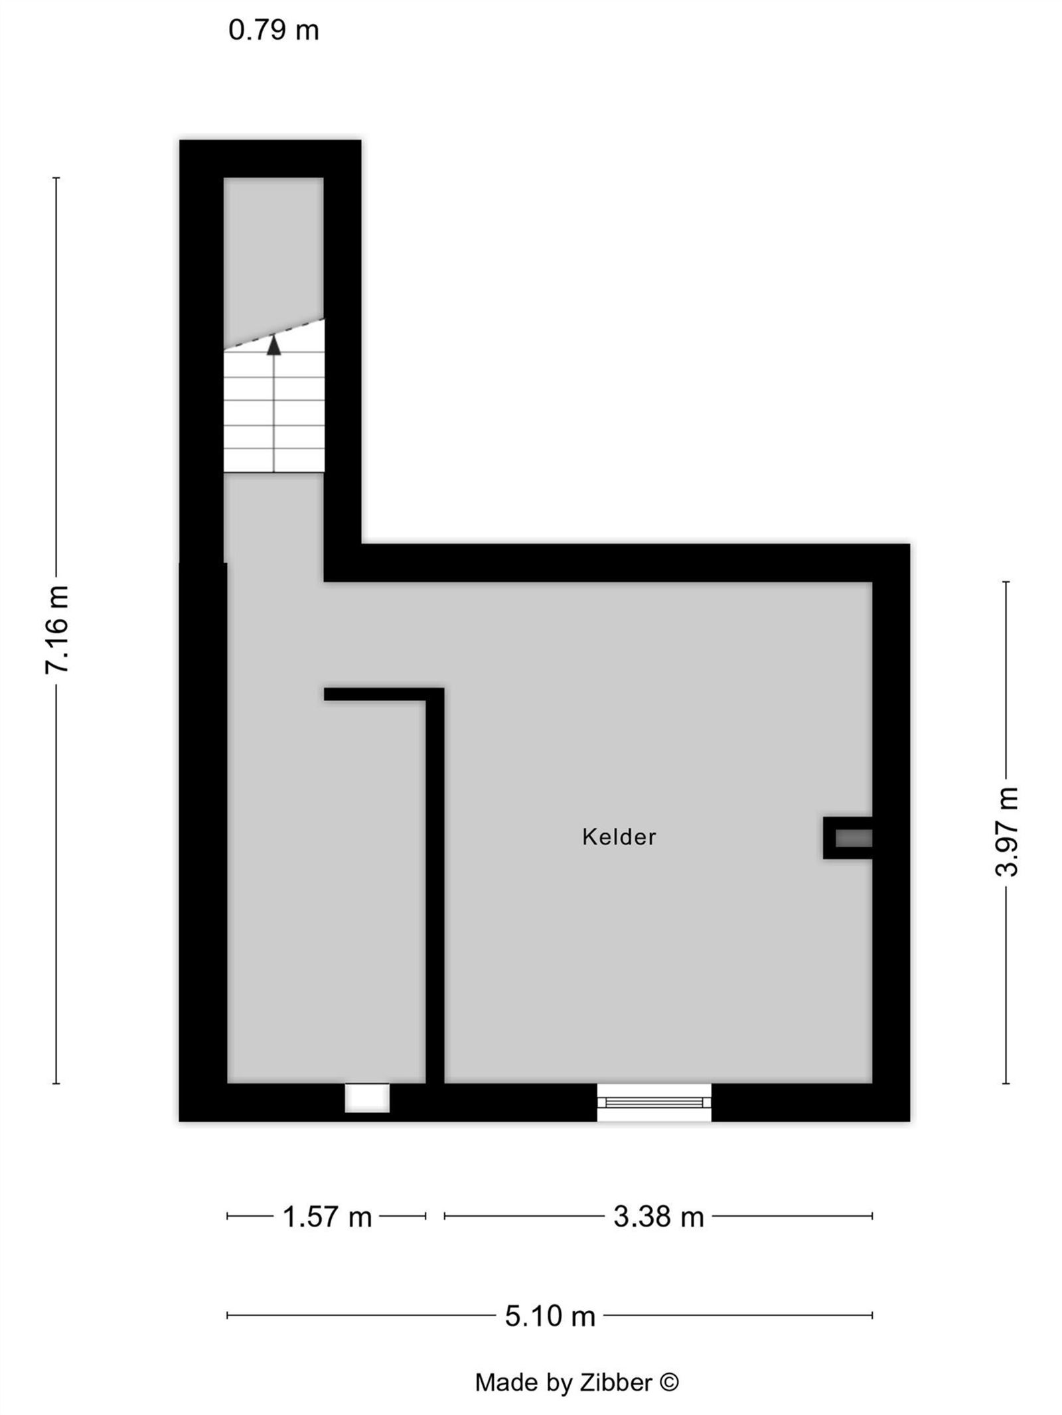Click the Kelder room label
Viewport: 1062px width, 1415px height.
(x=619, y=837)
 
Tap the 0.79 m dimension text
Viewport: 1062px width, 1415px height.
(x=273, y=31)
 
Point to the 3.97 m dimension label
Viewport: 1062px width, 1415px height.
(x=1006, y=831)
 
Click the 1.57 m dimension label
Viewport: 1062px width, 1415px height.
(x=327, y=1217)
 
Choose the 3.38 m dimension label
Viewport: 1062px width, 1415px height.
(x=658, y=1217)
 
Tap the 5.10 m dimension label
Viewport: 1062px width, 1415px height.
(x=550, y=1316)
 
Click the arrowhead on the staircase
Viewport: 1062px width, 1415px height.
(x=273, y=346)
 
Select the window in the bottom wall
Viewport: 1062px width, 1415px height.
(x=654, y=1102)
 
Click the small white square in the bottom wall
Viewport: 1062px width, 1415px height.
(x=366, y=1098)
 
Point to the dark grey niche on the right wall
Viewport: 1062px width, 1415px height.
(x=853, y=839)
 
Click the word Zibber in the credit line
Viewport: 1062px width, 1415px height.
(x=616, y=1382)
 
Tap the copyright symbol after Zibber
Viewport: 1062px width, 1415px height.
(x=669, y=1382)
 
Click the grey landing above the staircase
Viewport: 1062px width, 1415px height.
(x=273, y=252)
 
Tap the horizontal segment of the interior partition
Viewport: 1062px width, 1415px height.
(x=375, y=694)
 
